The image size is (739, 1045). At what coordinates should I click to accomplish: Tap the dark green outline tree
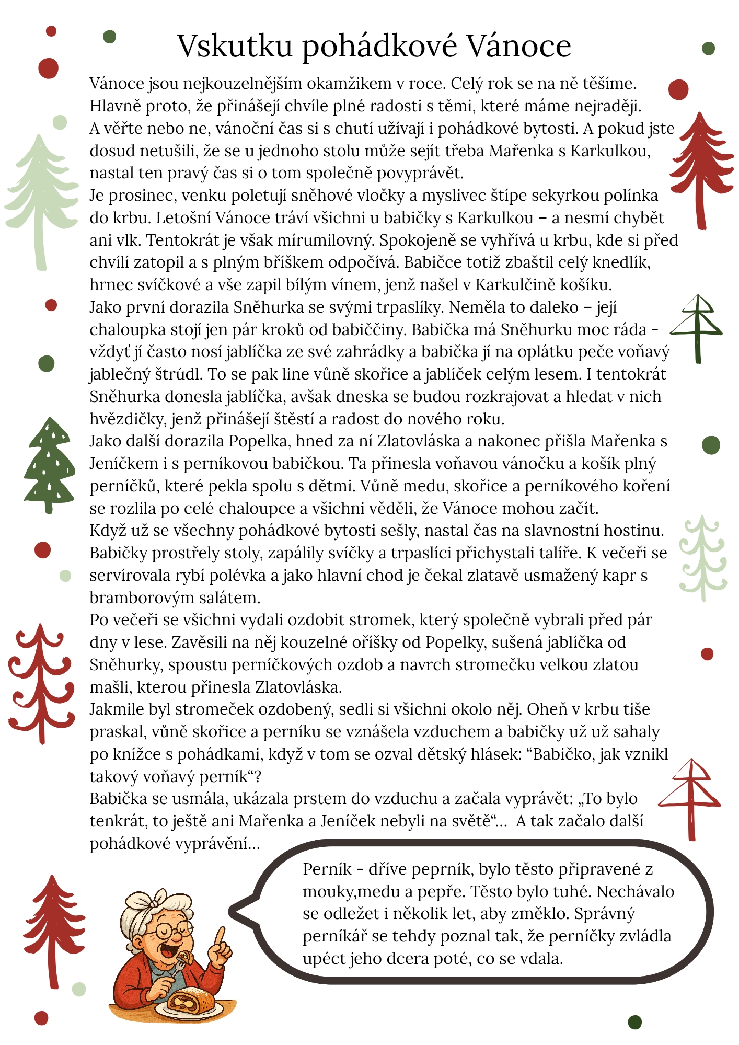pyautogui.click(x=697, y=327)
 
